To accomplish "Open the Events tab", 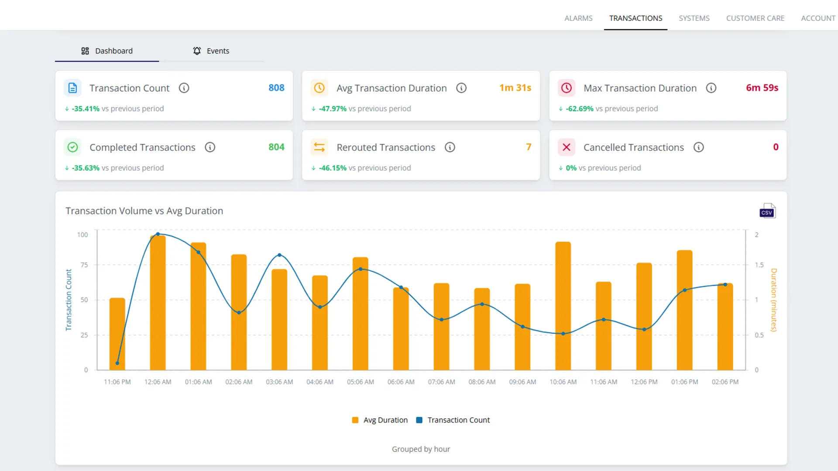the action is point(211,51).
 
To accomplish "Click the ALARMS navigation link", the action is point(578,18).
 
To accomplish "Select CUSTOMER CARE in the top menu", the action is point(755,18).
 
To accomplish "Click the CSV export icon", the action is point(767,211).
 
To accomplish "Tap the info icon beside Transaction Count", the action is point(184,88).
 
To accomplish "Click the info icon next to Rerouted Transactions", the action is point(450,147).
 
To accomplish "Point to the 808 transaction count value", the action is point(276,88).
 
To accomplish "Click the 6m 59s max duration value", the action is point(762,88).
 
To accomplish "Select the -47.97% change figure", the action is point(333,109).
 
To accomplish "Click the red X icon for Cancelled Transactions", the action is point(567,147).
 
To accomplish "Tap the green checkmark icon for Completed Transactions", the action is point(73,147).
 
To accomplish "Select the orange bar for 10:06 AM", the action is point(563,306).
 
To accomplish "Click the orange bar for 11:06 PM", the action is point(117,334).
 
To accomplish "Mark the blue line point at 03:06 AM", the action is point(280,255).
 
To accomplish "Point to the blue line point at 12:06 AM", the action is point(158,234).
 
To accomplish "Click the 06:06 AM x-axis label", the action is point(401,382).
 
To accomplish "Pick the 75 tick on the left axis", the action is point(84,265).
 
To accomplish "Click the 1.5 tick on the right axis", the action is point(759,265).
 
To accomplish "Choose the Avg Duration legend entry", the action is point(380,420).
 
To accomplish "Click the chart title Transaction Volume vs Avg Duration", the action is point(144,211).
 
